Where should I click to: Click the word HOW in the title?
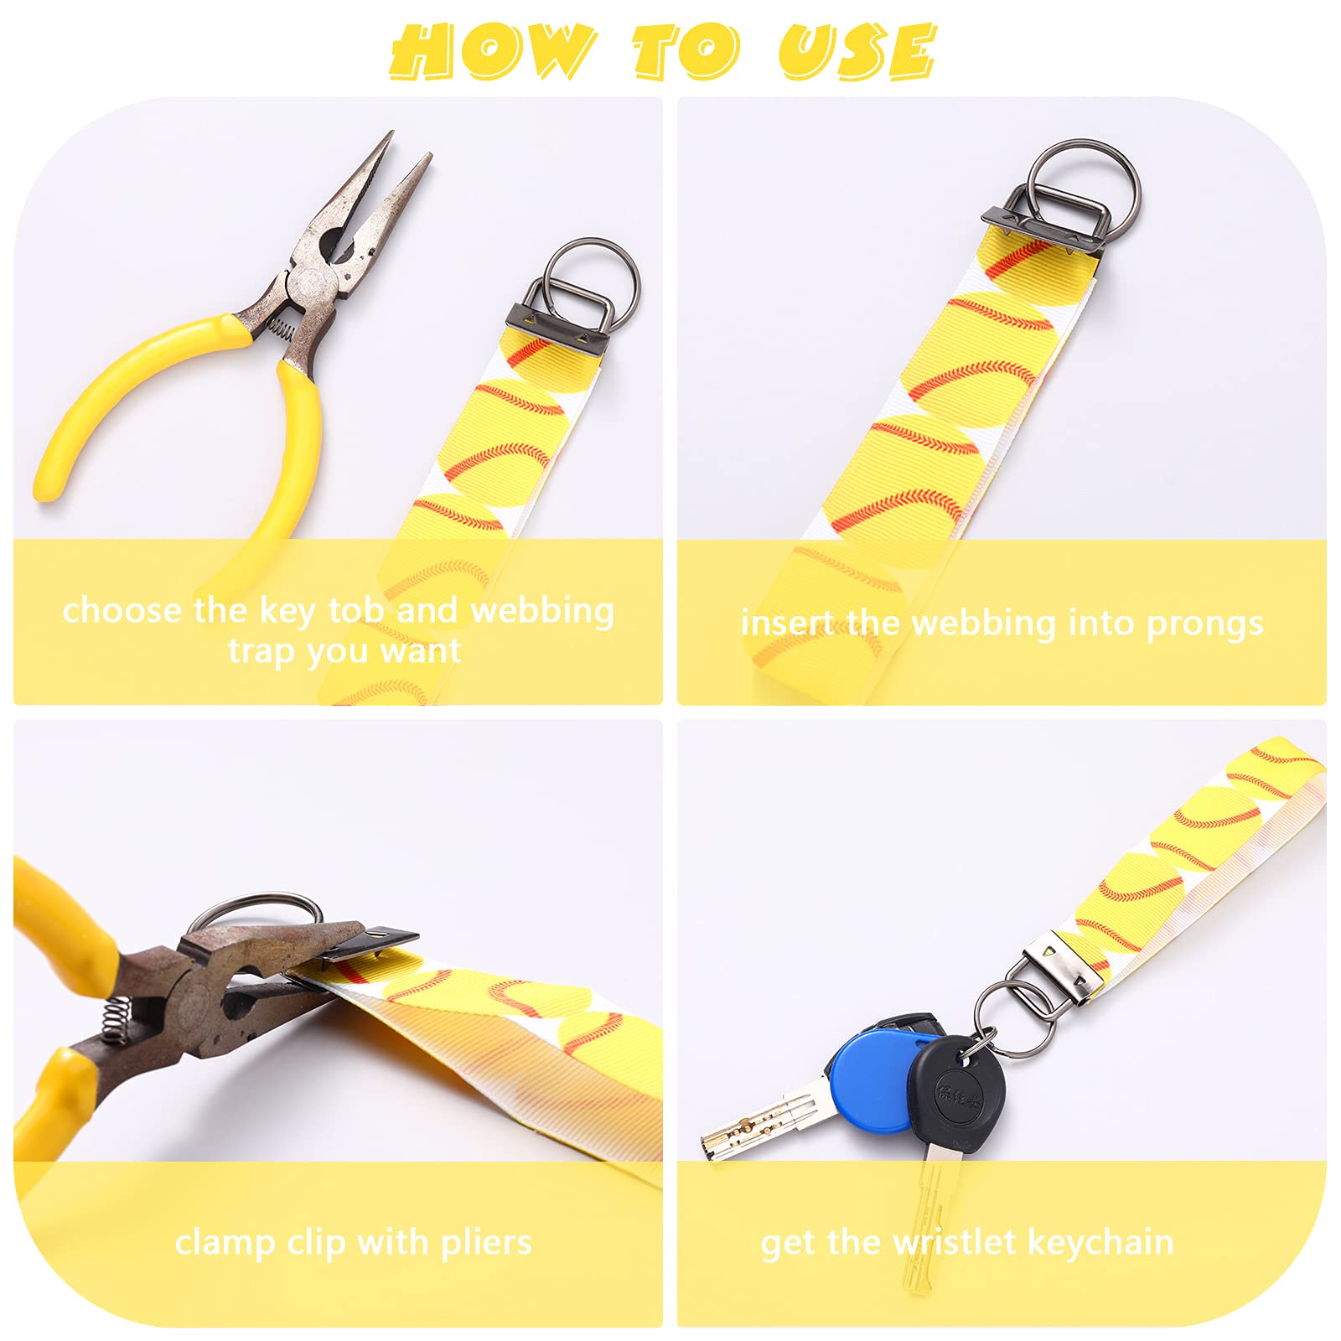tap(493, 52)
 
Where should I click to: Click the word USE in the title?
tap(857, 52)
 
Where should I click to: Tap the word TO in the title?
tap(686, 52)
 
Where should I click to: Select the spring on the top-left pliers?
tap(281, 327)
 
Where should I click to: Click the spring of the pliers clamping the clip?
tap(118, 1022)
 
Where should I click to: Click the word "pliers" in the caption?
tap(486, 1242)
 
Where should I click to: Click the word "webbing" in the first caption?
tap(542, 611)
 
